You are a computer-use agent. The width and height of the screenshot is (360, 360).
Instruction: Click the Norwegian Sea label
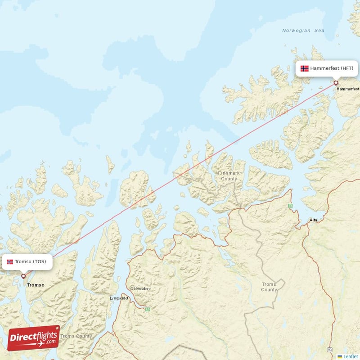tap(303, 31)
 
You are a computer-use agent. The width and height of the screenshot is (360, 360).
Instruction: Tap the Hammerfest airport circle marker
tap(336, 83)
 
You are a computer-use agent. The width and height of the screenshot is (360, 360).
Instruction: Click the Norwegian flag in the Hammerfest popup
tap(305, 68)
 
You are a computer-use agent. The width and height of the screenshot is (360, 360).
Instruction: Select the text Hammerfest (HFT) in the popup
tap(332, 68)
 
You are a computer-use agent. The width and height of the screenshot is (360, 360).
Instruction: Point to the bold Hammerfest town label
tap(348, 89)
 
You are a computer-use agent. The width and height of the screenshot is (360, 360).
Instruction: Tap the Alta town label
tap(313, 220)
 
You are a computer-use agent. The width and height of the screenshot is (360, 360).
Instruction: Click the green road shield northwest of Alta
tap(291, 206)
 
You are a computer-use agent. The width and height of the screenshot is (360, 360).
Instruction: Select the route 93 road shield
tap(330, 350)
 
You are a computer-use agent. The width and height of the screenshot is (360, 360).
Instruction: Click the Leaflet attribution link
tap(351, 356)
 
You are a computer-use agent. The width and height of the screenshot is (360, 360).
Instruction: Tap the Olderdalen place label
tap(140, 288)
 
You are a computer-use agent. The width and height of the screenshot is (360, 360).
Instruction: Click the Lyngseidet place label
tap(119, 298)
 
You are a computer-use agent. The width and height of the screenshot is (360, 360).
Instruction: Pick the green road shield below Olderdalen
tap(147, 309)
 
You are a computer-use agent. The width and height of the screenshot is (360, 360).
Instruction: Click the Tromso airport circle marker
tap(23, 276)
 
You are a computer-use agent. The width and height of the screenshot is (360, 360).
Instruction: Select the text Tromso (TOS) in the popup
tap(30, 261)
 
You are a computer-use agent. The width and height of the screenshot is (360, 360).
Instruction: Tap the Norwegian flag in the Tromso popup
tap(10, 261)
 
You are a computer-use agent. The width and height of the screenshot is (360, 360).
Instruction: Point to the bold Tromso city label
tap(36, 285)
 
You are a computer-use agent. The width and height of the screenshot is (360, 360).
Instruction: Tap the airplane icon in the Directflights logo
tap(40, 344)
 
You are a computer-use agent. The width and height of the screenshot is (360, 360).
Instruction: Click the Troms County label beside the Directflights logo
tap(76, 336)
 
